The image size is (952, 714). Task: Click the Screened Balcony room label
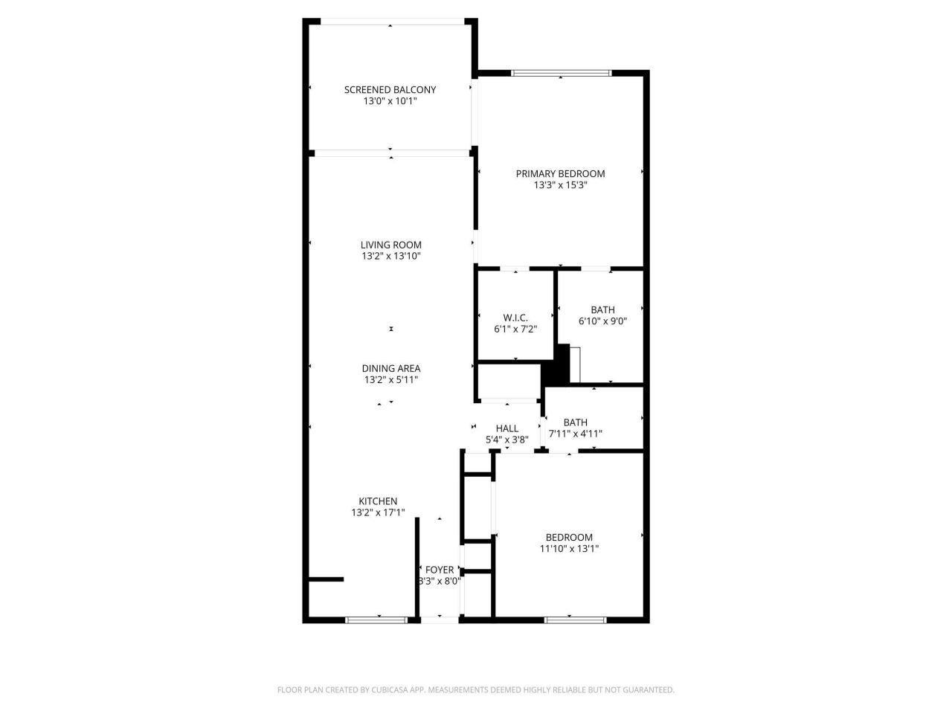click(390, 90)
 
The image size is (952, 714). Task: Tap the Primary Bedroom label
click(560, 174)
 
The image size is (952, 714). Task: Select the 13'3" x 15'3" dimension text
click(560, 186)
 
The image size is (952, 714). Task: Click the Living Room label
click(390, 245)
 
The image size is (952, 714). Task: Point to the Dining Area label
click(390, 368)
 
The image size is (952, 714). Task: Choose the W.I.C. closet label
click(515, 318)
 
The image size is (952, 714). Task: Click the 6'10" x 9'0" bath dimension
click(602, 322)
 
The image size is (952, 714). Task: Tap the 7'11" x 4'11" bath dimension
click(575, 434)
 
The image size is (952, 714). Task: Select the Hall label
click(506, 428)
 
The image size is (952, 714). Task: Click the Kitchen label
click(378, 501)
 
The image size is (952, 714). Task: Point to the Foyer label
click(439, 570)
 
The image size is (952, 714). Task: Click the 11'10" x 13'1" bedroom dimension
click(569, 549)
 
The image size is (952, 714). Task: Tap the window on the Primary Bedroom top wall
click(561, 73)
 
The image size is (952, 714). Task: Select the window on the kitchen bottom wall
click(376, 619)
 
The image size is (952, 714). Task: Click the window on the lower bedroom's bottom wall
click(575, 619)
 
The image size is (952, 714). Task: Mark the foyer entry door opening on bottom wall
click(440, 619)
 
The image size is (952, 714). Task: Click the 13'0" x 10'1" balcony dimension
click(390, 101)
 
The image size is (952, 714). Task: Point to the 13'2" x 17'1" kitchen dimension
click(378, 512)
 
